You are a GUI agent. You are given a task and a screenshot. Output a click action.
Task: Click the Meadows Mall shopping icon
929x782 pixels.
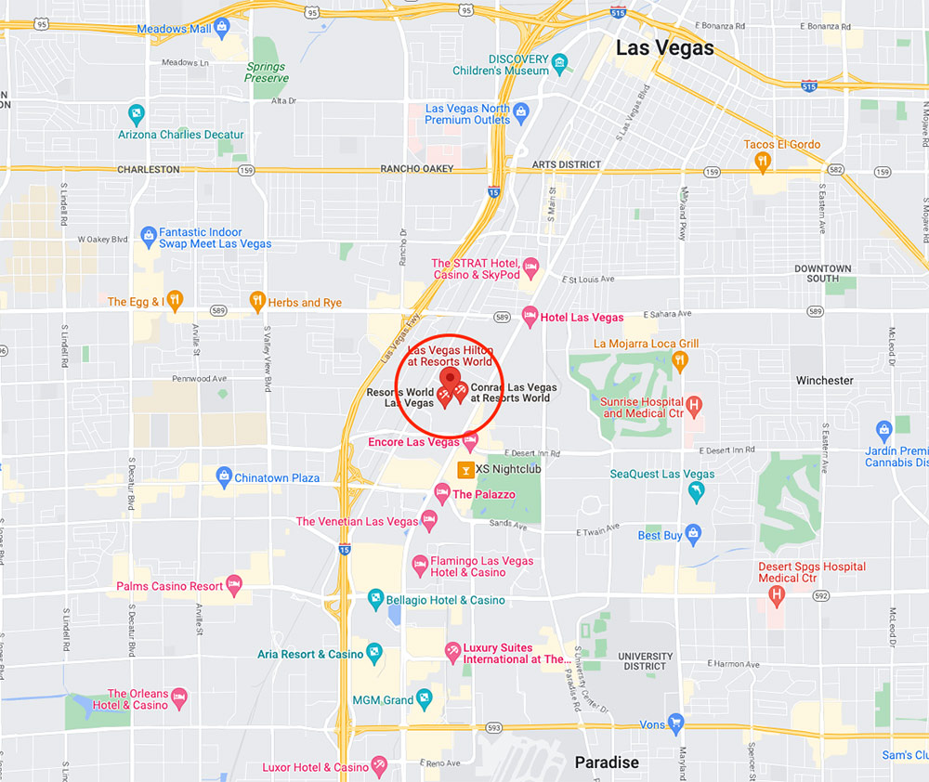[223, 29]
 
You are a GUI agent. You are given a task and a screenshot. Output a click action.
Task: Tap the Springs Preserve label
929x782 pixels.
[267, 72]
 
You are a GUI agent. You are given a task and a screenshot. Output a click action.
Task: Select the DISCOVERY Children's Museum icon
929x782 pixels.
[559, 64]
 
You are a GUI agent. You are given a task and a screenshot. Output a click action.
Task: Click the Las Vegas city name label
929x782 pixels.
[665, 48]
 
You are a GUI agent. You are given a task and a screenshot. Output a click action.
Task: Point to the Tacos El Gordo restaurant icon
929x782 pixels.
[763, 162]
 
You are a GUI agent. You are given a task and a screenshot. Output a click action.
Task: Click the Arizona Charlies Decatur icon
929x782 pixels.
[137, 116]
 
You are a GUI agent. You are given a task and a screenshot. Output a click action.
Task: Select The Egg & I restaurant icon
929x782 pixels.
[176, 301]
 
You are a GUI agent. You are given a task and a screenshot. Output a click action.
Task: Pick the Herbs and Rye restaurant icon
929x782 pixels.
[257, 301]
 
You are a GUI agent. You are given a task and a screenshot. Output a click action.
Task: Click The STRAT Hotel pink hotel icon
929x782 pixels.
[531, 268]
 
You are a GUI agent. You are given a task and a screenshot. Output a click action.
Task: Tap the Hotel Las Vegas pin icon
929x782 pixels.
[530, 316]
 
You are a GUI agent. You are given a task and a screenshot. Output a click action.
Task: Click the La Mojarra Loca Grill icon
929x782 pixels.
[681, 359]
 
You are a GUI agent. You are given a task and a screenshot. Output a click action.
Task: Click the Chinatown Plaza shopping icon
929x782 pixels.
[223, 477]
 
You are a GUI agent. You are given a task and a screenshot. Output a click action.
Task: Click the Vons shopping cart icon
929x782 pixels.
[675, 723]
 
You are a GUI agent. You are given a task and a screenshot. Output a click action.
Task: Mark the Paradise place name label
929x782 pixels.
[607, 762]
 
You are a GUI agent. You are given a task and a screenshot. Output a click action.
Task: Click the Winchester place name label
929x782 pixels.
[824, 380]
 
